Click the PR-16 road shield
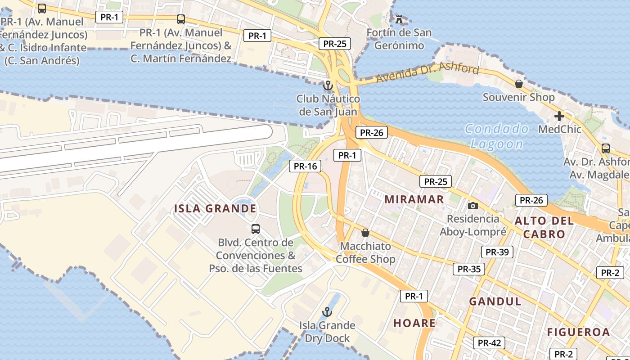[306, 166]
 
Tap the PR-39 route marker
[497, 252]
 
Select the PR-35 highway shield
[469, 270]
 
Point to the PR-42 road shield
[489, 343]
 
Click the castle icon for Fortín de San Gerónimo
[399, 19]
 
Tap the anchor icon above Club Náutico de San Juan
[328, 85]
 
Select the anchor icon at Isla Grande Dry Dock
[327, 311]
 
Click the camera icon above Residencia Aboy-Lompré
[472, 206]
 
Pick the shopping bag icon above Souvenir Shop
[519, 84]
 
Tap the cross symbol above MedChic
[559, 116]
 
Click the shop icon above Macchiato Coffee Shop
[365, 233]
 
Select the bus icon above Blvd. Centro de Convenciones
[256, 229]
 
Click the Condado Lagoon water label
[497, 136]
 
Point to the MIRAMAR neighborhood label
[414, 199]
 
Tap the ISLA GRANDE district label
[215, 209]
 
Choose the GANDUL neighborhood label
[495, 301]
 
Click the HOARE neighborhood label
[414, 323]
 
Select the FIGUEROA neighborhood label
[578, 333]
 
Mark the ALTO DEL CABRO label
[544, 227]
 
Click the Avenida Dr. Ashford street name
[427, 73]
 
